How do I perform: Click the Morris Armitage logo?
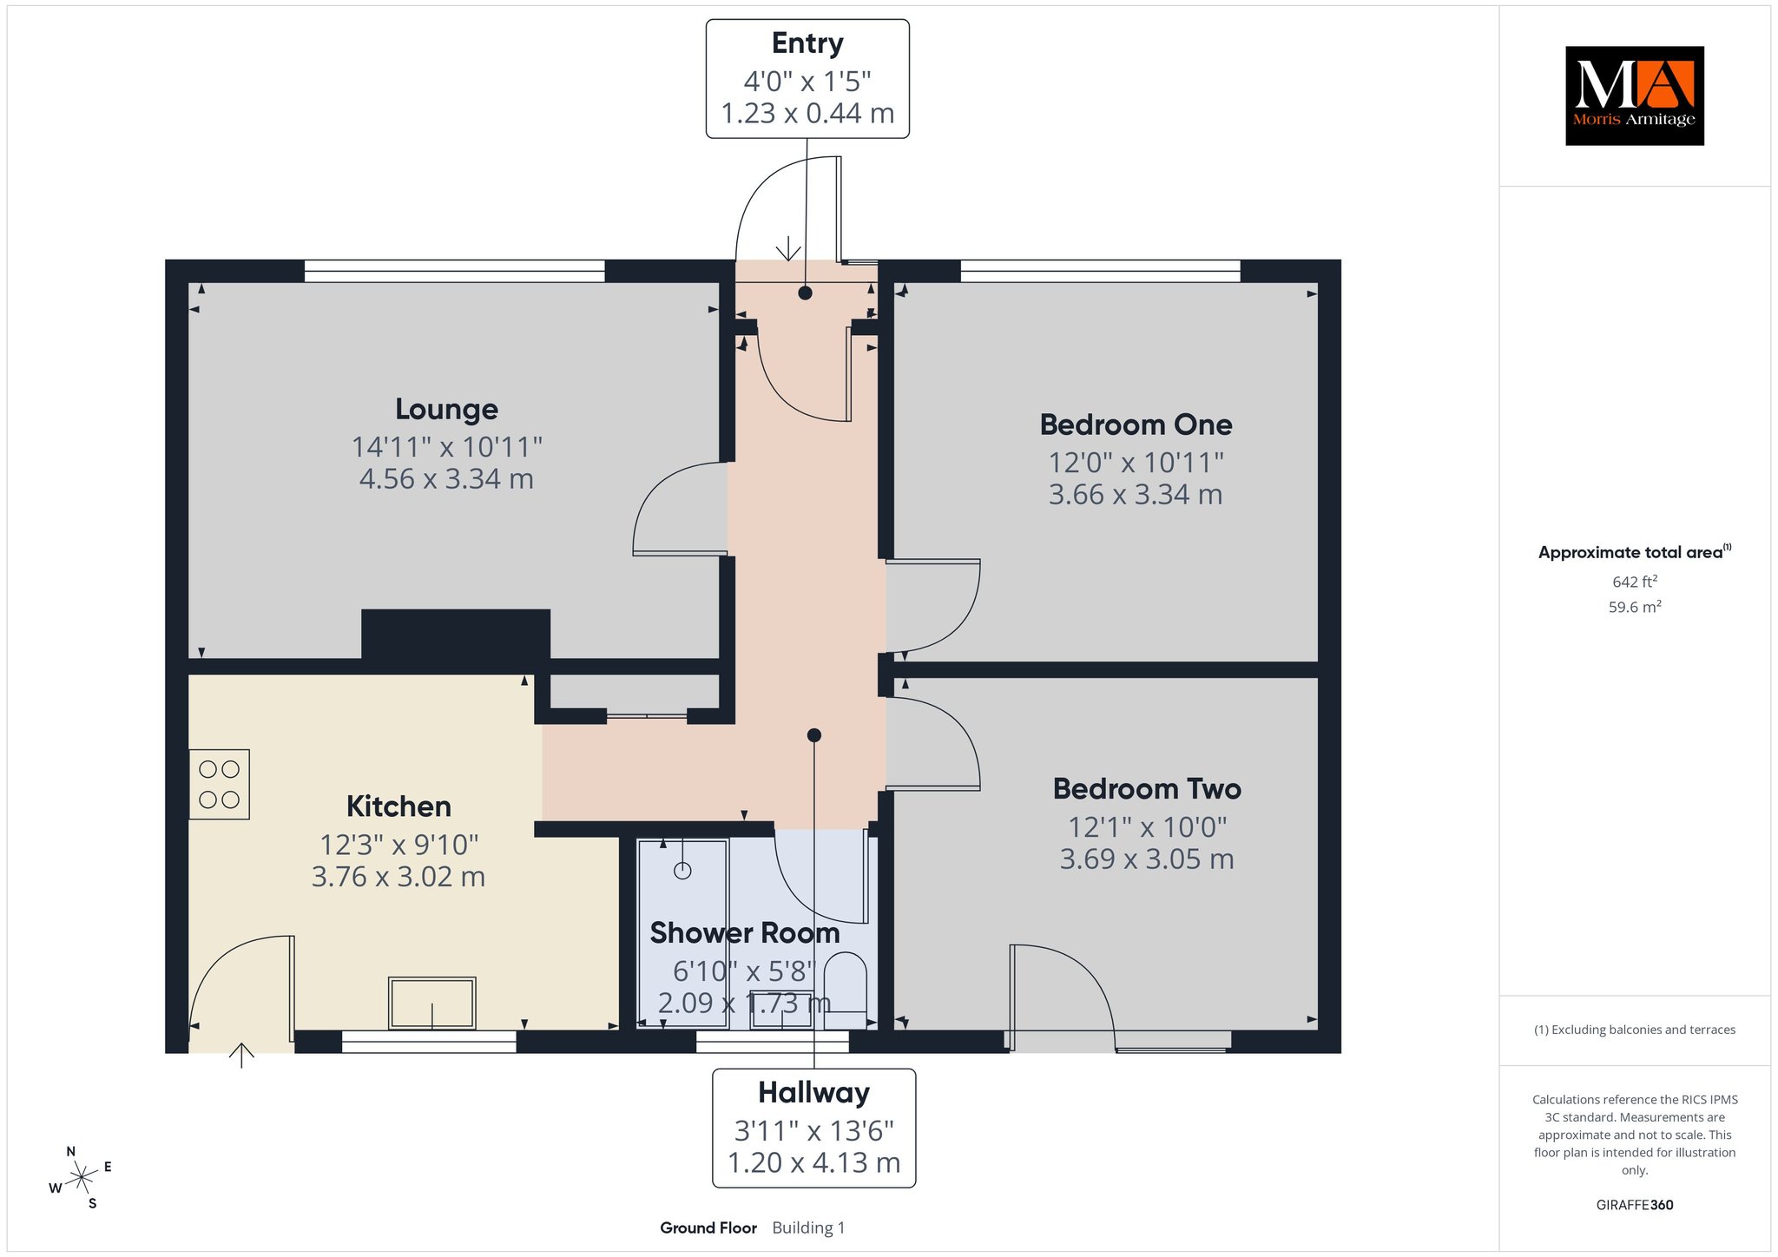[x=1634, y=95]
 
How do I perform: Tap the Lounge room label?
[x=446, y=409]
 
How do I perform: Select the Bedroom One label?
[x=1136, y=424]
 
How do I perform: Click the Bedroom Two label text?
[x=1147, y=788]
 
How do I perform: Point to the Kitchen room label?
[x=398, y=806]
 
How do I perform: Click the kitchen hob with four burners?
[x=219, y=784]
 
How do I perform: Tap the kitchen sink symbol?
[x=432, y=1003]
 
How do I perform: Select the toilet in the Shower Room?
[x=845, y=990]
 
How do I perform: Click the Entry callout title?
[x=807, y=43]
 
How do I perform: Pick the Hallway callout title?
[x=813, y=1092]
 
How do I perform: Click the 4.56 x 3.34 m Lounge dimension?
[x=446, y=478]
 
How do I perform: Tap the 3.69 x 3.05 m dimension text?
[x=1147, y=859]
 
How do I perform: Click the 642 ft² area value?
[x=1635, y=582]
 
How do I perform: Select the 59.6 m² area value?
[x=1635, y=607]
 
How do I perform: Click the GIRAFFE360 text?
[x=1635, y=1205]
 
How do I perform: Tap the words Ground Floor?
[x=708, y=1227]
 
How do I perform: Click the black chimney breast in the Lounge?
[x=456, y=635]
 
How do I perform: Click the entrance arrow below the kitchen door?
[x=241, y=1055]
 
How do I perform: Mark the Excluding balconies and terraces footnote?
[x=1635, y=1030]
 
